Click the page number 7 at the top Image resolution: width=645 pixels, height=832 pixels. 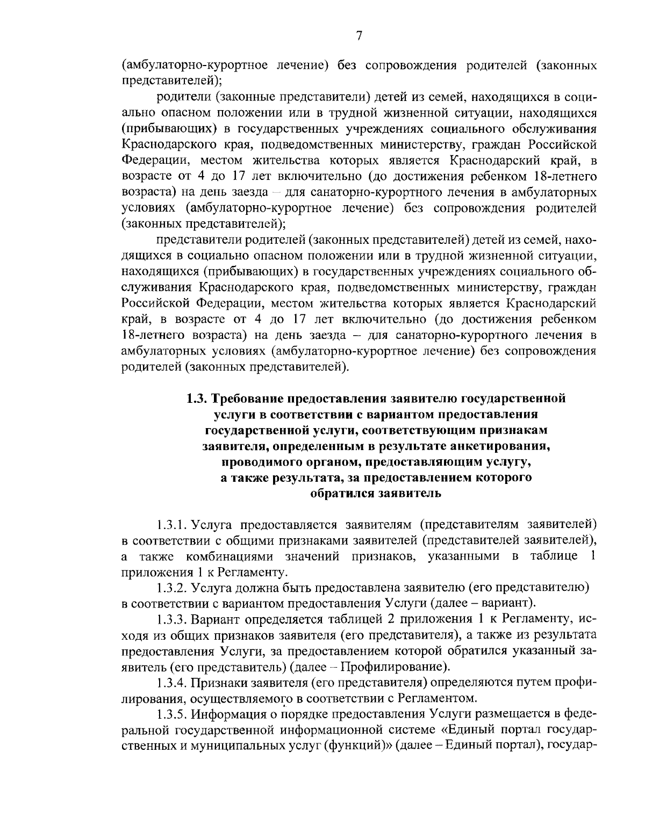point(359,36)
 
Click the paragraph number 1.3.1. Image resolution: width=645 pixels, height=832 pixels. point(171,524)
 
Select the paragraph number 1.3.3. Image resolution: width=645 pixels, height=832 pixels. point(171,619)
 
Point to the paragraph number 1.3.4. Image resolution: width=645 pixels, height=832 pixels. point(171,683)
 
